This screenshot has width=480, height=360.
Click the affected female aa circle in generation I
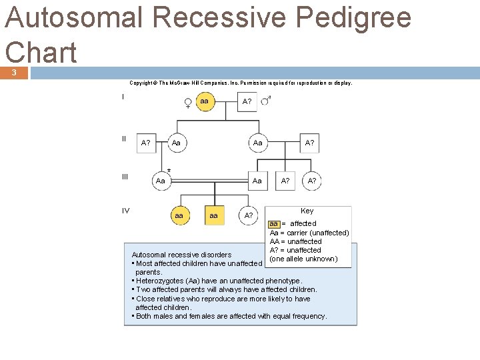coord(205,101)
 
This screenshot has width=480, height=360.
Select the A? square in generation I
coord(247,101)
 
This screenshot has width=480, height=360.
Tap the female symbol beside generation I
coord(188,103)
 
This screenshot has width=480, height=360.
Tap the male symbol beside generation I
coord(265,100)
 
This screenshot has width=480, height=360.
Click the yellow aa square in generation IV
coord(213,216)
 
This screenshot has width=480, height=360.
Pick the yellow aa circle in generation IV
coord(179,216)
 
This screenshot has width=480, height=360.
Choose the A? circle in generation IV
coord(249,215)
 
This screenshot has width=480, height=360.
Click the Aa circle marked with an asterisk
coord(160,181)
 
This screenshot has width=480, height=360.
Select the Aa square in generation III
coord(257,181)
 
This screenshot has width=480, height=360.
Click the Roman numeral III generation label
coord(125,177)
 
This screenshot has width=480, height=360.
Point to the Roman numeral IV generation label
coord(125,211)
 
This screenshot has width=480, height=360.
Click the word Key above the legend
coord(307,211)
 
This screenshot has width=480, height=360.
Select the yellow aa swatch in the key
coord(273,223)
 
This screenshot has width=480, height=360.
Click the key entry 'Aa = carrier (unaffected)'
coord(309,233)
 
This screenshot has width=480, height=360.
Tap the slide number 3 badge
coord(13,72)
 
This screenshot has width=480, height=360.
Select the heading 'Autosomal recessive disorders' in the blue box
coord(181,255)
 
